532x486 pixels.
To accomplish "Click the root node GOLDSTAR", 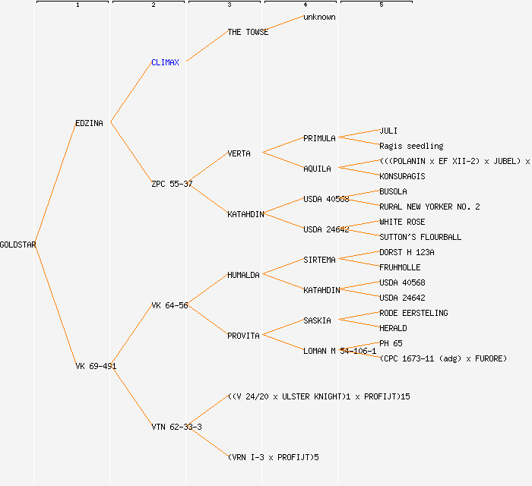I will pos(18,245).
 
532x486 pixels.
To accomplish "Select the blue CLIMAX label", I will pos(165,62).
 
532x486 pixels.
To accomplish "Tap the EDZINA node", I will pos(89,123).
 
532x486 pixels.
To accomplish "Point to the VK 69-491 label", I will pos(96,366).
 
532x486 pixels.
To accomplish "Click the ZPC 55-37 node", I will pos(172,184).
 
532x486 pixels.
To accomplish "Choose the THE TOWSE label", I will pos(248,32).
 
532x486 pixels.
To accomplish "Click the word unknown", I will pos(319,17).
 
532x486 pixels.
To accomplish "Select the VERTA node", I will pos(239,153).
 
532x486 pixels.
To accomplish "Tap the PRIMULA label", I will pos(319,138).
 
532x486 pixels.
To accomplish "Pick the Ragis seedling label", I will pos(411,146).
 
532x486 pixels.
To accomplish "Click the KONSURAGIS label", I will pos(402,176).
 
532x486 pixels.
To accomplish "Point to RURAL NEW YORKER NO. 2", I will pos(429,207).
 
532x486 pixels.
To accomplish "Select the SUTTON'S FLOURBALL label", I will pos(420,237).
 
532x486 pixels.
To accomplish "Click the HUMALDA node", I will pos(243,275).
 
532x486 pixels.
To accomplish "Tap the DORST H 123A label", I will pos(407,252).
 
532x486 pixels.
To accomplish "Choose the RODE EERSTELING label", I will pos(413,313).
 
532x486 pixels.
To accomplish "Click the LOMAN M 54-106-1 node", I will pos(340,351).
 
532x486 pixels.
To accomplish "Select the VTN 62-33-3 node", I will pos(176,427).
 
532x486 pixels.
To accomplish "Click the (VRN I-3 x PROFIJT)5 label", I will pos(273,457).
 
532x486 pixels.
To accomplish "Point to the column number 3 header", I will pos(229,5).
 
